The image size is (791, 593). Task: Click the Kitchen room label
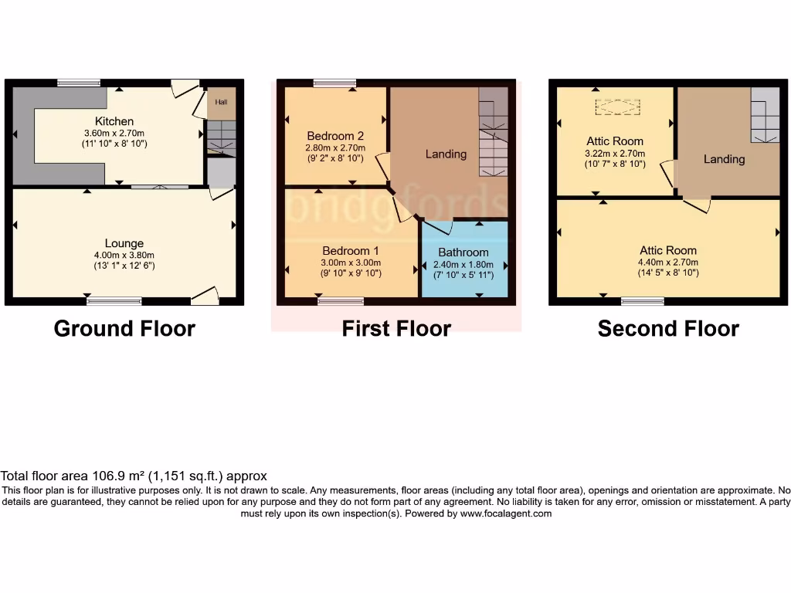coord(114,121)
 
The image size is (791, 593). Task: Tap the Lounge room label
coord(124,243)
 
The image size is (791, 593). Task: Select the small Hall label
coord(221,102)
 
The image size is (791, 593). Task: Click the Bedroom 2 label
coord(335,137)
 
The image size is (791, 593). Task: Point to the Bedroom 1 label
coord(351,251)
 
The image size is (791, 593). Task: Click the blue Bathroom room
coord(463,263)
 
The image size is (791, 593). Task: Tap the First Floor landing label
coord(446,154)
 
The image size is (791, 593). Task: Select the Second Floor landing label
coord(724,159)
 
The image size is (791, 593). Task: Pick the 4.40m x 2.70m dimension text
coord(667,262)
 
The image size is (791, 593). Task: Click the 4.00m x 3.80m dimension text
coord(124,255)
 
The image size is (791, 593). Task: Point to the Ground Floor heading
coord(124,328)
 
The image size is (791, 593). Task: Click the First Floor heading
coord(396,328)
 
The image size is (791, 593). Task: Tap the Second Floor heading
coord(668,328)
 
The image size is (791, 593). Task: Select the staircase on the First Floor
coord(493,135)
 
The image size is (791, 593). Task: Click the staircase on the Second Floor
coord(765,116)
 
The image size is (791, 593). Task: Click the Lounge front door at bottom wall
coord(205,295)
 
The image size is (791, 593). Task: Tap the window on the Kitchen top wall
coord(79,83)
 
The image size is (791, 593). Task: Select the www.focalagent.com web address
coord(506,513)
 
